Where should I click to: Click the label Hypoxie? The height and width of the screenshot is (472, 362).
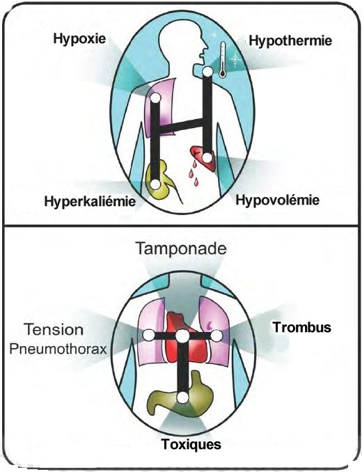coord(79,39)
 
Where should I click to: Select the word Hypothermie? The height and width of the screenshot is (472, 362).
coord(290,40)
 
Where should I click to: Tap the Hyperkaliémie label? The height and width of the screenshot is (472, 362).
coord(90,201)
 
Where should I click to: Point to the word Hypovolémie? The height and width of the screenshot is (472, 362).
coord(277,200)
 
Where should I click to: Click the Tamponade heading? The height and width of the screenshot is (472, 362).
coord(181,249)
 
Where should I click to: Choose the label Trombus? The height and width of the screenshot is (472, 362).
coord(302,327)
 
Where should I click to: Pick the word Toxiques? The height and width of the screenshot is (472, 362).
coord(191,444)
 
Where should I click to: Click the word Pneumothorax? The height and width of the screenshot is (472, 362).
coord(58,349)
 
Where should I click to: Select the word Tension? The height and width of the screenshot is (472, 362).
coord(54,329)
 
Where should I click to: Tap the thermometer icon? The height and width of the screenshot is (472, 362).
coord(222,60)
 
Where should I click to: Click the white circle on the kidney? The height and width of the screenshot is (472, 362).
coord(155,184)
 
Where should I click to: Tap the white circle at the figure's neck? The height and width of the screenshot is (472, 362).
coord(207,72)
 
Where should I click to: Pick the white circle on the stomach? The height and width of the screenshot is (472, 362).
coord(182,398)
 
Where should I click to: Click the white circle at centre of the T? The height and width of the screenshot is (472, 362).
coord(182,336)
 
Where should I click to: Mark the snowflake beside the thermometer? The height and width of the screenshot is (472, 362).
coord(235,59)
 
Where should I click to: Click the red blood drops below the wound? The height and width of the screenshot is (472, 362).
coord(194,173)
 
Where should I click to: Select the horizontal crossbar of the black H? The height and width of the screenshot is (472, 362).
coord(180,126)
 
